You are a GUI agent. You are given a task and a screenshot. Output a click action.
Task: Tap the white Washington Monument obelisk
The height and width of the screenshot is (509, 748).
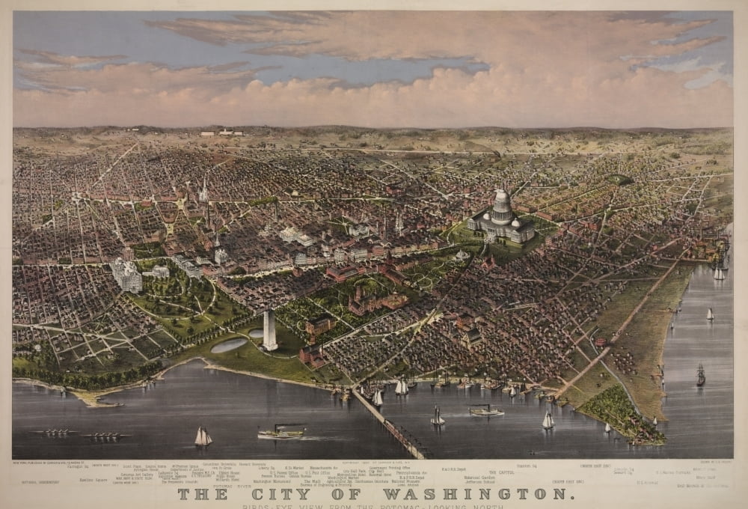pyautogui.click(x=269, y=329)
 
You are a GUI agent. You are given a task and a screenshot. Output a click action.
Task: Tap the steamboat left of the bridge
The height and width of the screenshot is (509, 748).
pyautogui.click(x=281, y=432)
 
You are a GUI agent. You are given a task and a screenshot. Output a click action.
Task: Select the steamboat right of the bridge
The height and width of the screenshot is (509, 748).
pyautogui.click(x=486, y=410)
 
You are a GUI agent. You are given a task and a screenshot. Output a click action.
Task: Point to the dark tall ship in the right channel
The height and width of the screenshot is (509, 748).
pyautogui.click(x=700, y=375)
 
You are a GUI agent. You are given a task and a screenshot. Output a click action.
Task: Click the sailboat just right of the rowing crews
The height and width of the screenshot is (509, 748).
pyautogui.click(x=202, y=436)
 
